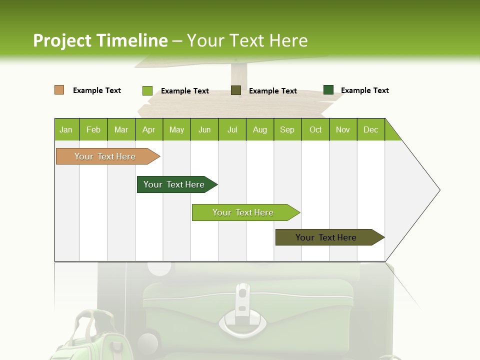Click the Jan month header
pos(66,129)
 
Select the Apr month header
pos(148,129)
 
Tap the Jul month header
pos(232,129)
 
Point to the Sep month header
pos(287,129)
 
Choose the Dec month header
pos(370,129)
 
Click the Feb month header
pos(93,129)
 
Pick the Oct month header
pos(315,129)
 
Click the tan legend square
pos(59,90)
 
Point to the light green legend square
pos(147,90)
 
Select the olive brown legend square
pos(236,90)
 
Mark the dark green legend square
pos(328,90)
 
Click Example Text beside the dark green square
pos(364,90)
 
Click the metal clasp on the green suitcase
pos(242,310)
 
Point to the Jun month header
pos(204,129)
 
